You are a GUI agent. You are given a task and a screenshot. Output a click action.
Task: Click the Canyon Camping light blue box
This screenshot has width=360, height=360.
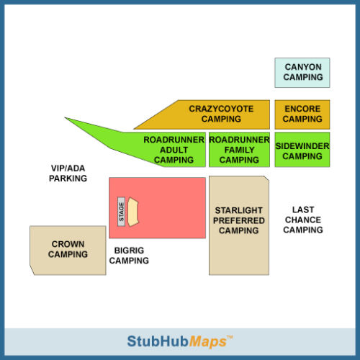pos(302,73)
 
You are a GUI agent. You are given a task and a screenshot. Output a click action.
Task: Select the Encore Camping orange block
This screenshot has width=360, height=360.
pos(302,114)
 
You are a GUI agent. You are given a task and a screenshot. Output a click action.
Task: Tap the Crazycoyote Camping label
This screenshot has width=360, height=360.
pos(221,114)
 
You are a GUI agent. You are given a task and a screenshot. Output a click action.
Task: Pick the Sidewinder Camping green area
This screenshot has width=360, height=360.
pos(302,150)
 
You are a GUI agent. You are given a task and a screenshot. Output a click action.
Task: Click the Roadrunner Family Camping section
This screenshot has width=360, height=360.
pos(239,150)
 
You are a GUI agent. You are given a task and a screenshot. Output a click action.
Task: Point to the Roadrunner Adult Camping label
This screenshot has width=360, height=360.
pos(174,150)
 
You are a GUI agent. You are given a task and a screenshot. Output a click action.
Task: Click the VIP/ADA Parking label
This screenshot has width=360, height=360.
pos(68,174)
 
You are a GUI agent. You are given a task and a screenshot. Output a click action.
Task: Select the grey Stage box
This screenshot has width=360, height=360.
pos(121,212)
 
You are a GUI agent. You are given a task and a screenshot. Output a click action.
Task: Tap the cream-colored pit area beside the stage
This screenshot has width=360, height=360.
pos(133,212)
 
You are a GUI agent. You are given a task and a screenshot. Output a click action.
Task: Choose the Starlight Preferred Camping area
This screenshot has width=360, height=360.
pos(239,225)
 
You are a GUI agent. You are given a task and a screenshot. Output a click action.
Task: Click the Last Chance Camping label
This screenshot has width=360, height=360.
pos(303,220)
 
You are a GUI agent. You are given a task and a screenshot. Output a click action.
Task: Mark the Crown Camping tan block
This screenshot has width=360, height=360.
pos(68,251)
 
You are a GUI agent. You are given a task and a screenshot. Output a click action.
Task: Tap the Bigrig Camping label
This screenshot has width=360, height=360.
pos(129,256)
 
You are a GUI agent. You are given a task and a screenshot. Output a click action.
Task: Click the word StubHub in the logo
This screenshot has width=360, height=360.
pos(158,341)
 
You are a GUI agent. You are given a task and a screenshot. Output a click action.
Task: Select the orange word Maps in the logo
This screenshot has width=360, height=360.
pos(208,342)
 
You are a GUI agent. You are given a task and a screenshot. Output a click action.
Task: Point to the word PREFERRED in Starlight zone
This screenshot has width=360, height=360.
pos(239,220)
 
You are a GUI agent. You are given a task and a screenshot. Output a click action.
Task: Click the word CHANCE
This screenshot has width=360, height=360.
pos(303,220)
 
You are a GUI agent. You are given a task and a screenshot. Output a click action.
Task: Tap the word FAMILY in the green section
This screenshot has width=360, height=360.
pos(239,150)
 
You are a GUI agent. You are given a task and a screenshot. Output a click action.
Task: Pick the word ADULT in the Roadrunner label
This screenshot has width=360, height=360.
pos(174,150)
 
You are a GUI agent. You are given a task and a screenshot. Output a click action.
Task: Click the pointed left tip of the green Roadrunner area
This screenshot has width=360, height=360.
pos(65,117)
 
